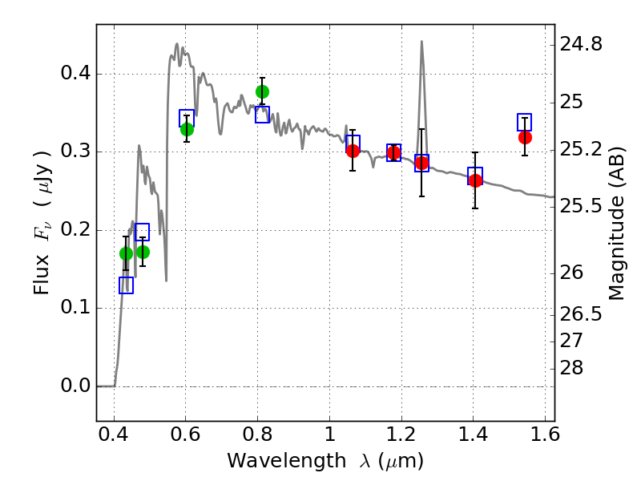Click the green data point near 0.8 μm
click(262, 91)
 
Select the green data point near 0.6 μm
click(187, 129)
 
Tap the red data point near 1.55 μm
click(525, 137)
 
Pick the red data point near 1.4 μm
click(475, 180)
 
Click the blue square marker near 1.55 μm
click(524, 123)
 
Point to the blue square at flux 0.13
click(126, 285)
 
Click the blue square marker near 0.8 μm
click(262, 115)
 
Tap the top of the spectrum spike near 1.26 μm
click(421, 42)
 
